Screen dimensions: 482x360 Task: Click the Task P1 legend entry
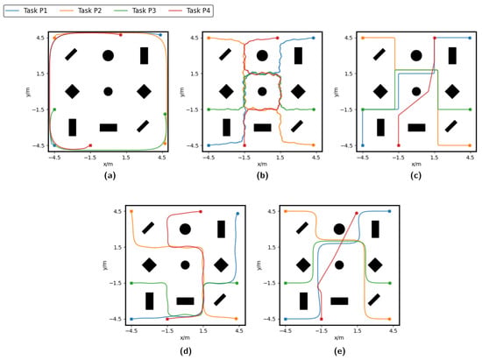(27, 11)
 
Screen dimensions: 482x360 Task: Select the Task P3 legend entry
(135, 11)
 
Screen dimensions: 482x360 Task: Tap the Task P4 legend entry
(189, 11)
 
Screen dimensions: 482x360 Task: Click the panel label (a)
(110, 176)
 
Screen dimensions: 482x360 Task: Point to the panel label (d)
(186, 350)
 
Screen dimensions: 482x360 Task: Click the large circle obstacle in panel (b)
(262, 55)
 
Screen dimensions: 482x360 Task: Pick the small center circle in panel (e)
(339, 265)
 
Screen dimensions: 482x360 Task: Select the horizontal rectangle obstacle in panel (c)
(416, 128)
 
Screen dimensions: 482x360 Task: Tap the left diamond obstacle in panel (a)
(72, 91)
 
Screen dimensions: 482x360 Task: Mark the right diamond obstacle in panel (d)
(221, 265)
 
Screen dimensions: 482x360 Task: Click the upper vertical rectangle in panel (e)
(375, 229)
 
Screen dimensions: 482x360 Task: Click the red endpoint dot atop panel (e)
(357, 213)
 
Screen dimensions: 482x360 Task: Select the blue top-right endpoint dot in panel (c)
(470, 38)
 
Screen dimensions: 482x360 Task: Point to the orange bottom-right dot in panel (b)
(314, 145)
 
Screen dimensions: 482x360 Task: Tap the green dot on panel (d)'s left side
(131, 283)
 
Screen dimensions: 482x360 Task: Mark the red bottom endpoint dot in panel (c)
(399, 145)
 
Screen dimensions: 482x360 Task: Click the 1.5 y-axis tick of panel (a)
(40, 74)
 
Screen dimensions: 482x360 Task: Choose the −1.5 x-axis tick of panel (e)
(322, 331)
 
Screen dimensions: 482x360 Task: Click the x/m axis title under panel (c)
(416, 164)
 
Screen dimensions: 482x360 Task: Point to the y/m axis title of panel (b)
(182, 92)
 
